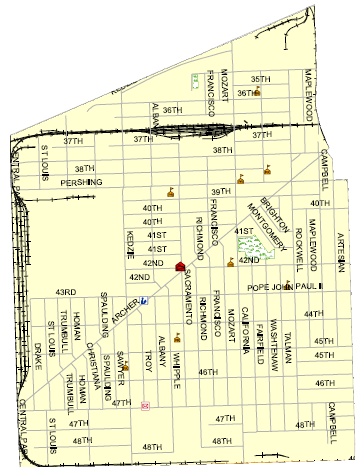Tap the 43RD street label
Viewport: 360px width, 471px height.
(66, 292)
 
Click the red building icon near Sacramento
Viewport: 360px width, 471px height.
(180, 267)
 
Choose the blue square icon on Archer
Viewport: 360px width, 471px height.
(145, 300)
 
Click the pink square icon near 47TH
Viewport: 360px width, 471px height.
(145, 405)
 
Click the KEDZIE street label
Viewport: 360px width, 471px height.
(130, 240)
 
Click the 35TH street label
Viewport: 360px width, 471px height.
(260, 79)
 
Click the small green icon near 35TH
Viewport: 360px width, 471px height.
(194, 76)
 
